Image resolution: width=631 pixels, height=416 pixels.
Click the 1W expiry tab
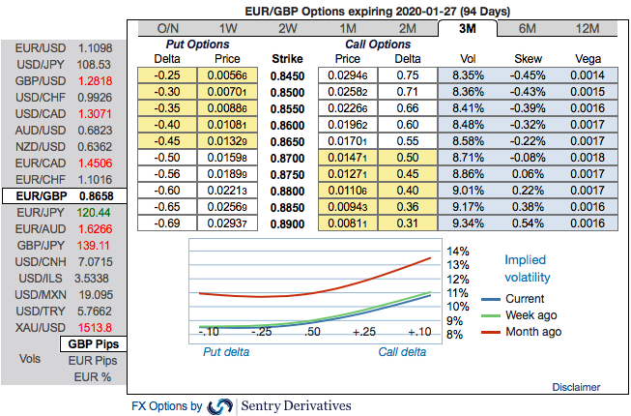(229, 28)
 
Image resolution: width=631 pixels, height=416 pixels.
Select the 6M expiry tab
(528, 28)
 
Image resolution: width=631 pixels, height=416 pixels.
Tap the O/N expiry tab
(168, 28)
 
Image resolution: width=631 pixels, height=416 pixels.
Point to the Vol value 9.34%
(468, 223)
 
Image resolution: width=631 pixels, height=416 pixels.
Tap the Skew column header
(528, 58)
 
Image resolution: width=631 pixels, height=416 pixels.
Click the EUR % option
(93, 376)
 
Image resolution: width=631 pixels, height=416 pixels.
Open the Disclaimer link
(576, 386)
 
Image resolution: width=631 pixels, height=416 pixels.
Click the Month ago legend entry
(531, 332)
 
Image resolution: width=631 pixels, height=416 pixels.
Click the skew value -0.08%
(528, 157)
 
